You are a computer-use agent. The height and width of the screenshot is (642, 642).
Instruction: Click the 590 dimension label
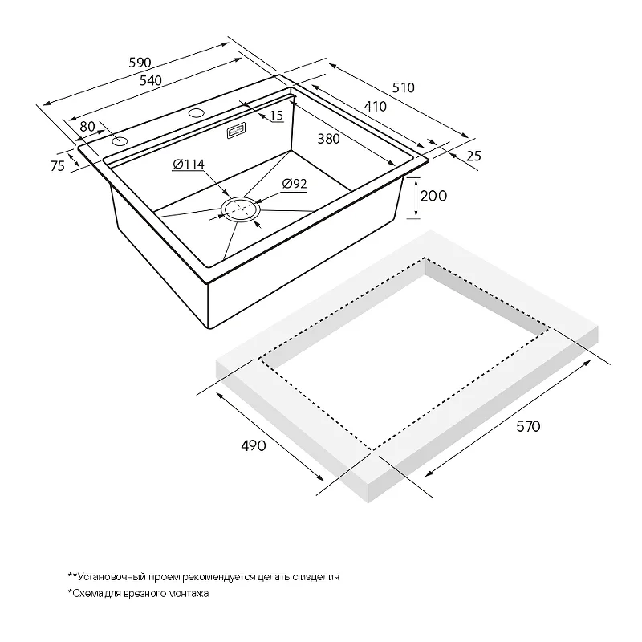tap(140, 63)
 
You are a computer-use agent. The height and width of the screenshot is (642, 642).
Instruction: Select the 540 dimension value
tap(151, 81)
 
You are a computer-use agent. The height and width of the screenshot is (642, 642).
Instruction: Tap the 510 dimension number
tap(404, 87)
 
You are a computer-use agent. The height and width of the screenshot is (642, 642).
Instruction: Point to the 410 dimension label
tap(375, 107)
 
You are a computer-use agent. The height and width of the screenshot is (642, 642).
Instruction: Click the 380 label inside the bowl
tap(328, 139)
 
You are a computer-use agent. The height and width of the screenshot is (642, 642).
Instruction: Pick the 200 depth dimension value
tap(433, 196)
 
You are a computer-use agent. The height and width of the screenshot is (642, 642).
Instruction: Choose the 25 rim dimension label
tap(473, 156)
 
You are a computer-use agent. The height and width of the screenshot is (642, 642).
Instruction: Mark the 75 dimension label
tap(58, 166)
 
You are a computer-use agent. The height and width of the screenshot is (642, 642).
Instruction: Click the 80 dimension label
tap(87, 127)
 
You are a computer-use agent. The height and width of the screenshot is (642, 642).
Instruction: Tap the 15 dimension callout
tap(277, 116)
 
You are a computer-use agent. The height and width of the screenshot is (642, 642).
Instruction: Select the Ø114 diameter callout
tap(189, 165)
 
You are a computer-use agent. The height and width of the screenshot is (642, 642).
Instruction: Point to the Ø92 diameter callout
tap(295, 184)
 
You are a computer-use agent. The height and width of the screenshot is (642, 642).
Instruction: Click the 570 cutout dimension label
tap(528, 427)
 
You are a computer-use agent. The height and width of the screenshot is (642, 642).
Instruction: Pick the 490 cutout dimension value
tap(254, 445)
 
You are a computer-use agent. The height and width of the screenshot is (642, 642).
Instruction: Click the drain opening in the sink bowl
tap(241, 209)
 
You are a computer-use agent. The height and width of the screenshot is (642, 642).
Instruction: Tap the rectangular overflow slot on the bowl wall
tap(236, 131)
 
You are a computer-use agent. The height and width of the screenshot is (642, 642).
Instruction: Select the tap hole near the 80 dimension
tap(120, 142)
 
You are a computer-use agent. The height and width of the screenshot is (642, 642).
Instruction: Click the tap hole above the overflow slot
tap(197, 112)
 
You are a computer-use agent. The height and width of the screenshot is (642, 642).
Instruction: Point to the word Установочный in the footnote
tap(112, 577)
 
